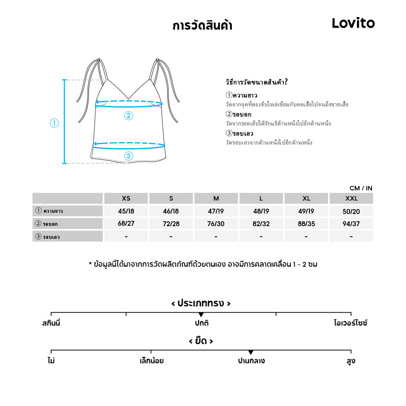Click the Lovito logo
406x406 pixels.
(x=353, y=23)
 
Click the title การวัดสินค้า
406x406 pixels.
(x=202, y=26)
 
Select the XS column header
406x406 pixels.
(x=126, y=199)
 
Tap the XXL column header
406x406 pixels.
(x=351, y=199)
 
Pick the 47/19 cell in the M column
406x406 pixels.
(x=216, y=211)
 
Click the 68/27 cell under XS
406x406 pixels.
(x=126, y=224)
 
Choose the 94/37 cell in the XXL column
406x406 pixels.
(x=351, y=224)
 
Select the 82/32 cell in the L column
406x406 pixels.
(x=261, y=224)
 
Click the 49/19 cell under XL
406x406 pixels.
(x=306, y=211)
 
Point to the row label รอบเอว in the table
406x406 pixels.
(x=51, y=237)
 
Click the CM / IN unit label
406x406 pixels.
(x=361, y=188)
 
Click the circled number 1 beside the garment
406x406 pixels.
(x=54, y=123)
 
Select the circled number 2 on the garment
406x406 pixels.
(x=128, y=116)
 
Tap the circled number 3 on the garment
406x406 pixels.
(x=128, y=155)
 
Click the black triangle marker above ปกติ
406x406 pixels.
(x=201, y=315)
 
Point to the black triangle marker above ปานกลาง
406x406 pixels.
(x=251, y=352)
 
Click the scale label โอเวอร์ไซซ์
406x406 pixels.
(x=351, y=324)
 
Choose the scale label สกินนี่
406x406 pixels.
(x=51, y=324)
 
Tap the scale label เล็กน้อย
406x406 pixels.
(x=151, y=361)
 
